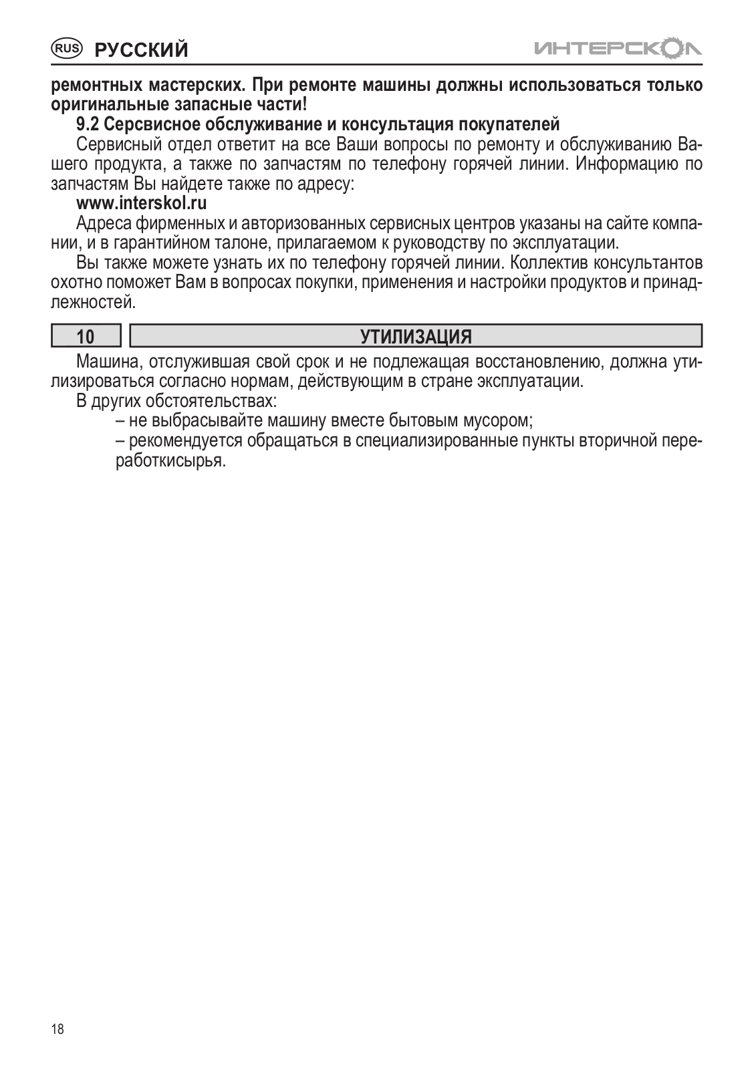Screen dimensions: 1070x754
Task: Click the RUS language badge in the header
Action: point(67,48)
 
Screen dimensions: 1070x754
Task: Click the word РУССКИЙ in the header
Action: point(141,49)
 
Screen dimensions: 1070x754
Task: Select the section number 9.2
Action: point(88,125)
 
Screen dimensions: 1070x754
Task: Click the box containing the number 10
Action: point(86,336)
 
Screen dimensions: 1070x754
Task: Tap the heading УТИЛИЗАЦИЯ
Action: point(416,336)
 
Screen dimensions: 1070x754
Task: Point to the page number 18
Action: point(58,1029)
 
